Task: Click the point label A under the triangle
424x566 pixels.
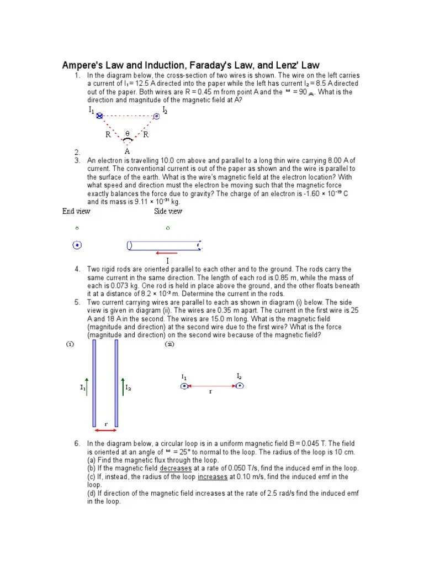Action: pyautogui.click(x=128, y=150)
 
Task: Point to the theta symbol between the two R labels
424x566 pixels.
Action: pyautogui.click(x=128, y=134)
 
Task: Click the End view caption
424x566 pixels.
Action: pyautogui.click(x=76, y=211)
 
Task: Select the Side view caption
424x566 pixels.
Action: pyautogui.click(x=168, y=211)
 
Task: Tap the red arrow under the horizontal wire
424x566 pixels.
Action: pyautogui.click(x=167, y=253)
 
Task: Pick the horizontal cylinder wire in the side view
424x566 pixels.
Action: pyautogui.click(x=165, y=245)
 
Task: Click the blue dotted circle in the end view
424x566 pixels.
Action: pyautogui.click(x=77, y=245)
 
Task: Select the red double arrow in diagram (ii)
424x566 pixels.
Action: pyautogui.click(x=211, y=386)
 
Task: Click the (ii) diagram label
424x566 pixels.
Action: pyautogui.click(x=169, y=344)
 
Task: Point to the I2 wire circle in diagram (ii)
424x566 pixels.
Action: pyautogui.click(x=239, y=386)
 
